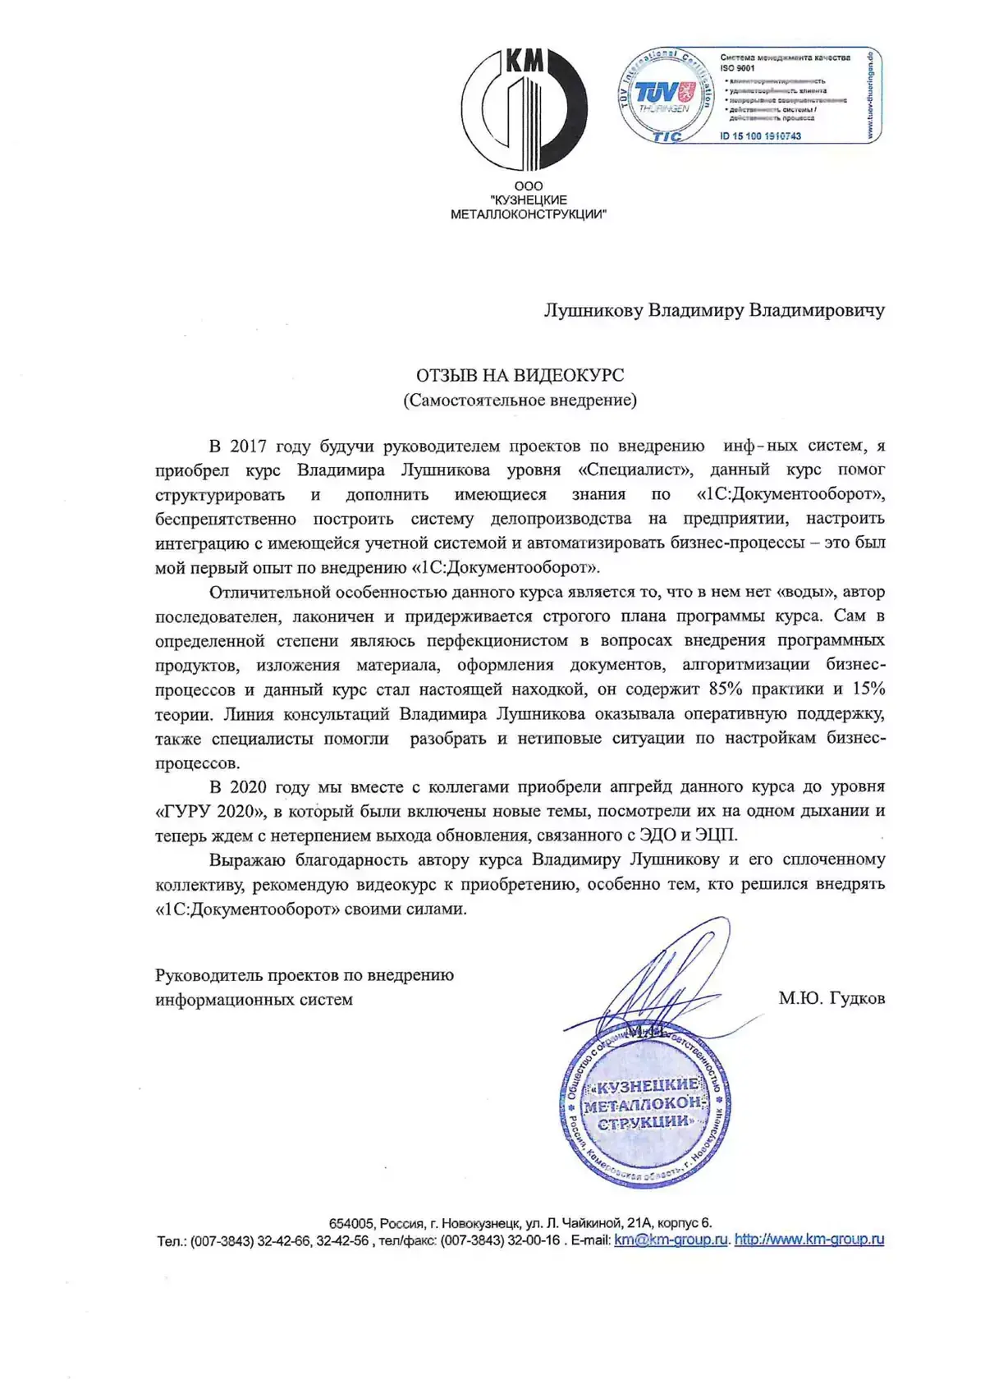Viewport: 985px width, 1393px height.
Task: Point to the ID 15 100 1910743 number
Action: pyautogui.click(x=760, y=136)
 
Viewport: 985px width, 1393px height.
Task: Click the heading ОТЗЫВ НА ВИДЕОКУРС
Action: pyautogui.click(x=520, y=375)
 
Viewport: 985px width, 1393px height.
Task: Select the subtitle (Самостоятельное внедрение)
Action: pyautogui.click(x=520, y=401)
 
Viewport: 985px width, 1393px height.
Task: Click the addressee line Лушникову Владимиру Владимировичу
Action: pyautogui.click(x=714, y=310)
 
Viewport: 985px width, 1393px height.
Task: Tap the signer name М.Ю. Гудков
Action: pyautogui.click(x=832, y=999)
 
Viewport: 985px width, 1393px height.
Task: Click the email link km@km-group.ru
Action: pyautogui.click(x=671, y=1239)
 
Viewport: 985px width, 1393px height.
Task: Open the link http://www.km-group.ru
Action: pyautogui.click(x=809, y=1239)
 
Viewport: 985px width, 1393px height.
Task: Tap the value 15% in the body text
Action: pyautogui.click(x=867, y=689)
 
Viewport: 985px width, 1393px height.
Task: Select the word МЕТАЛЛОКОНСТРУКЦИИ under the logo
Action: pyautogui.click(x=529, y=214)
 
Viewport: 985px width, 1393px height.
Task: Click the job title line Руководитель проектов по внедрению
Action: pyautogui.click(x=305, y=975)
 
